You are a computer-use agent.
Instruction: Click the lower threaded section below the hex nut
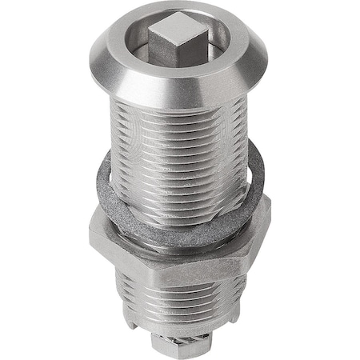click(x=180, y=316)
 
